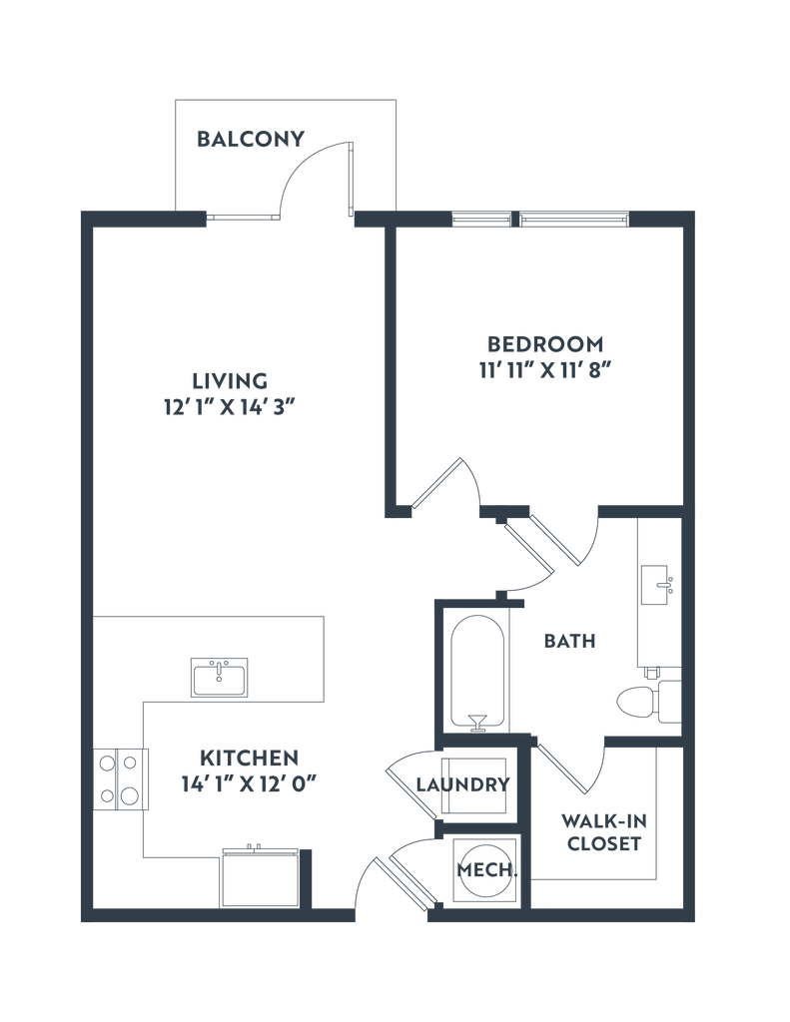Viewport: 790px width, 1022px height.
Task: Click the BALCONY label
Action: [249, 139]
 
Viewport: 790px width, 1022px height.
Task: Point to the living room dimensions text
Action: [230, 405]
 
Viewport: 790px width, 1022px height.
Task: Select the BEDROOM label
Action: [544, 344]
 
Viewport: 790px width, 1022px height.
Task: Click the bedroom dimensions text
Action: [544, 368]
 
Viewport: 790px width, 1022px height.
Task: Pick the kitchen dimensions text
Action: [249, 781]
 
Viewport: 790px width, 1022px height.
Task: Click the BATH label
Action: [568, 641]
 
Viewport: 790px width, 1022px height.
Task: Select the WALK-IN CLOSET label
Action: [604, 832]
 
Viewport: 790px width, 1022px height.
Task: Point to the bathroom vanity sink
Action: [660, 585]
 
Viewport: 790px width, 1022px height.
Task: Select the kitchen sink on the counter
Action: [219, 677]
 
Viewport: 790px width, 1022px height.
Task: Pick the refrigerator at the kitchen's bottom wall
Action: [259, 876]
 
